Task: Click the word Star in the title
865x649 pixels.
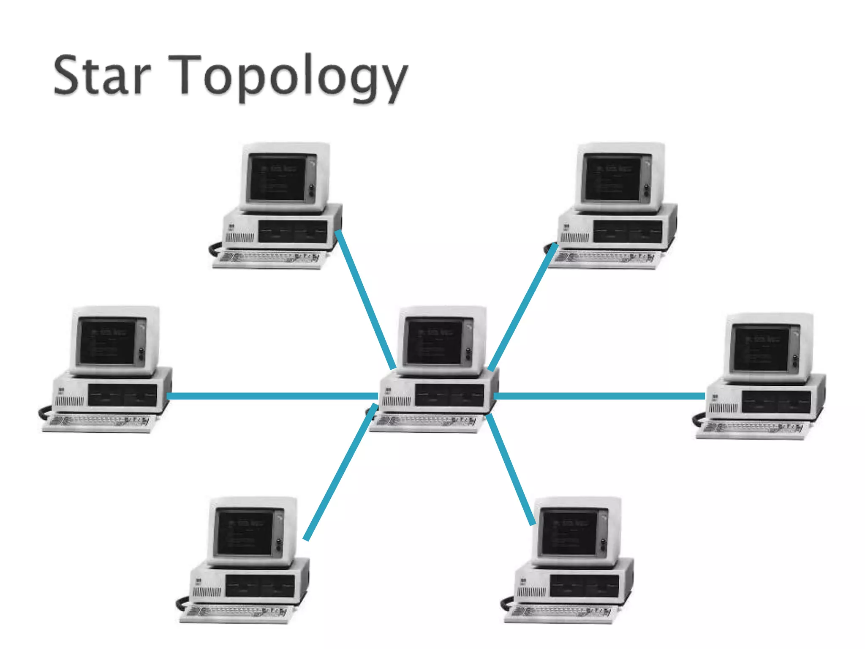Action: coord(101,76)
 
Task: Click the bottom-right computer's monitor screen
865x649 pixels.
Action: coord(569,532)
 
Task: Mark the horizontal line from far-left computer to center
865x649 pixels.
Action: coord(272,396)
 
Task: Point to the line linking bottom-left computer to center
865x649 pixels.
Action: coord(340,472)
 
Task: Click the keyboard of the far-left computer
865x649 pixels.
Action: coord(99,423)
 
